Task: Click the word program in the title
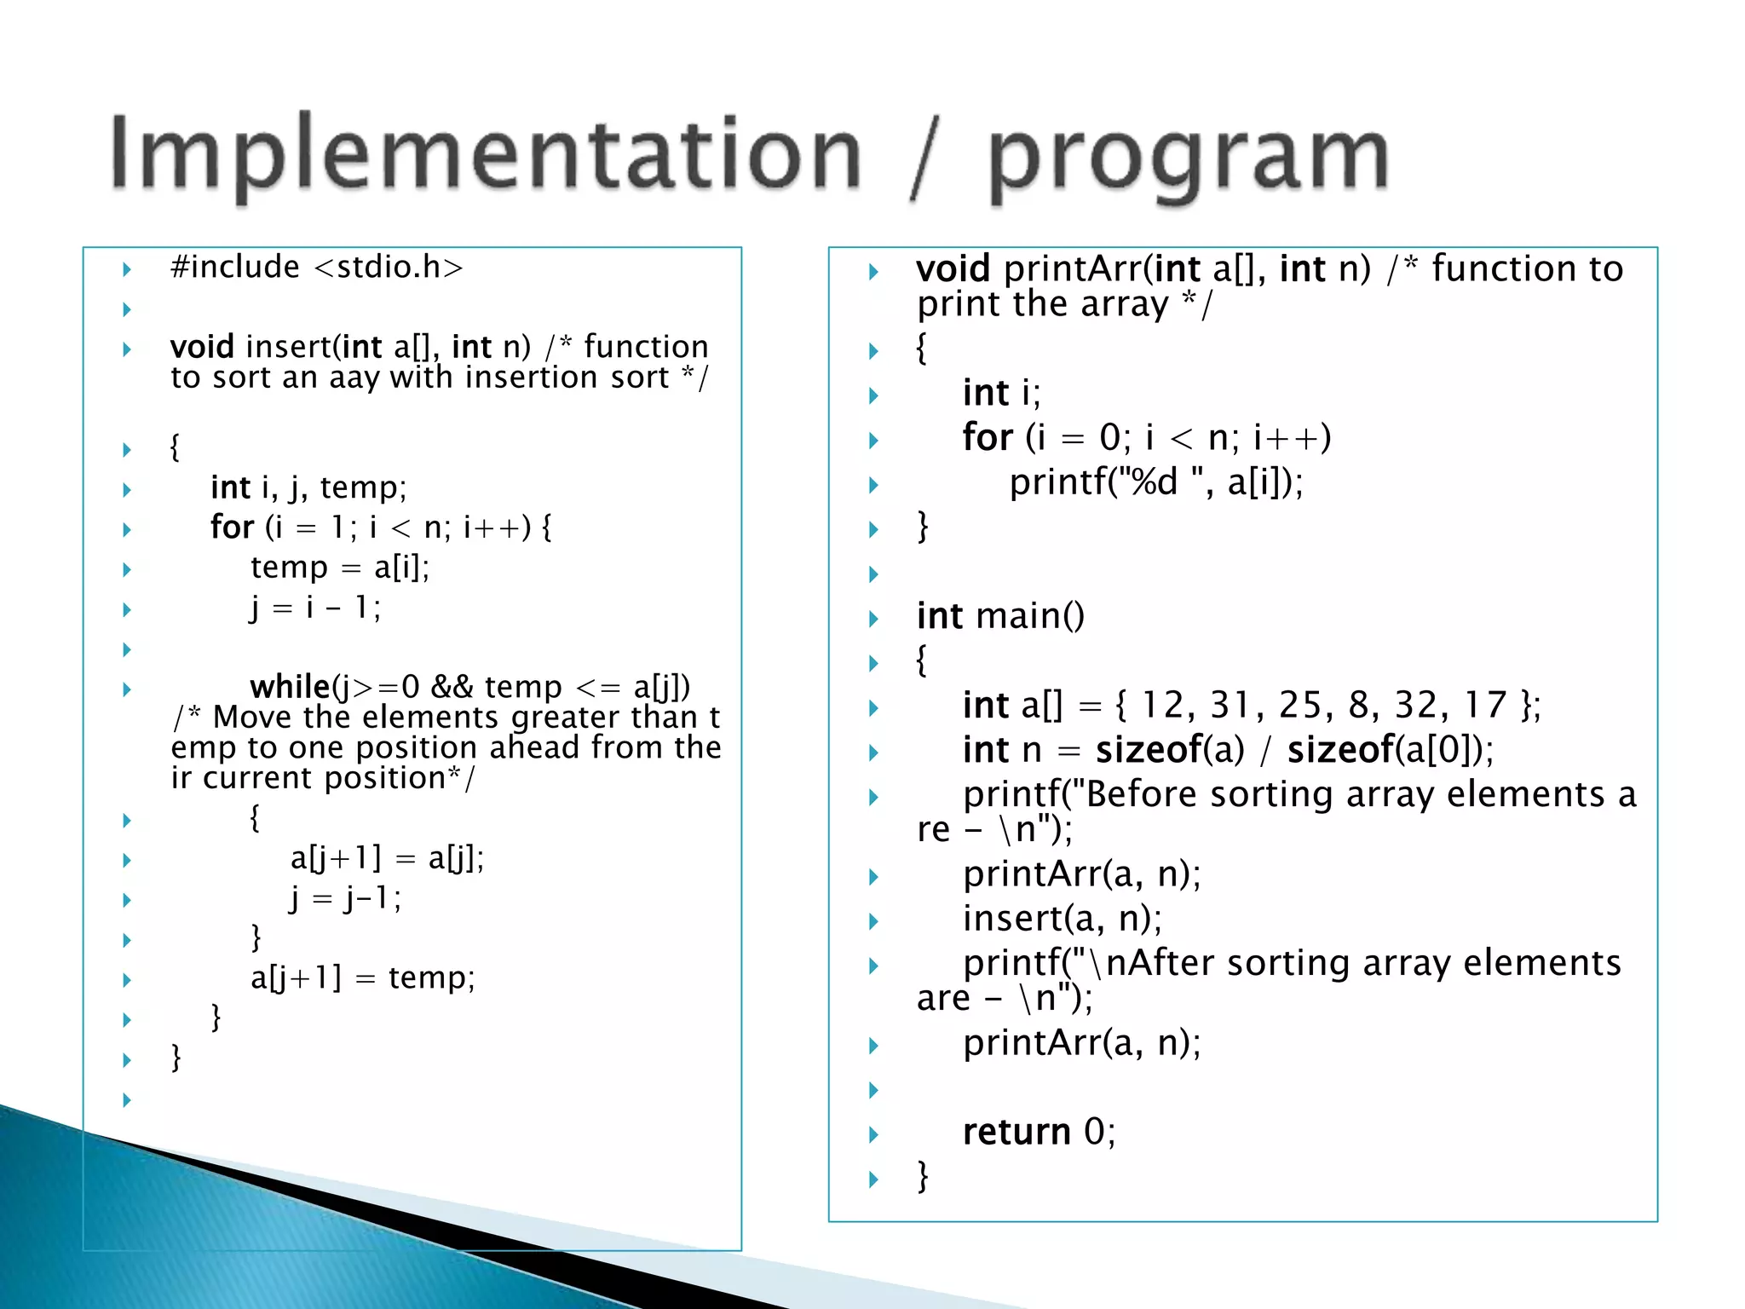pos(1189,158)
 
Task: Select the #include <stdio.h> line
pos(317,268)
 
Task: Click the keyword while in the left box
pos(290,687)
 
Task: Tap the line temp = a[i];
pos(340,568)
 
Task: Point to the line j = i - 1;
pos(315,608)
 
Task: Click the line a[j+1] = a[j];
pos(387,858)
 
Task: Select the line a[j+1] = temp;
pos(363,978)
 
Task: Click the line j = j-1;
pos(345,898)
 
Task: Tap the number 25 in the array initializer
pos(1299,705)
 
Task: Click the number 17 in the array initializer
pos(1485,705)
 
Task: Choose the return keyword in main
pos(1016,1133)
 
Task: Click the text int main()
pos(1000,616)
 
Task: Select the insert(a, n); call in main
pos(1063,919)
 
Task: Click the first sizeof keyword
pos(1148,751)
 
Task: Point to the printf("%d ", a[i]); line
pos(1156,483)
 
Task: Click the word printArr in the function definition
pos(1073,269)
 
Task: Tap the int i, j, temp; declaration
pos(308,488)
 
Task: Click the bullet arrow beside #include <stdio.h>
pos(127,269)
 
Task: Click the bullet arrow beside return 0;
pos(873,1134)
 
